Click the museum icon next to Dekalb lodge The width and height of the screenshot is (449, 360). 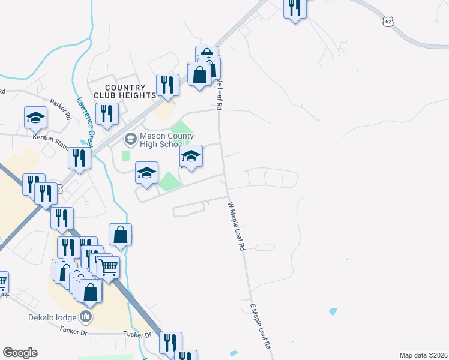click(x=86, y=316)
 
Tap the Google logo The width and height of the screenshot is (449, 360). click(x=20, y=353)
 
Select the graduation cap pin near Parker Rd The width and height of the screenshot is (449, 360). click(x=35, y=118)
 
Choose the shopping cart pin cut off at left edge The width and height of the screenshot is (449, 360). click(x=2, y=282)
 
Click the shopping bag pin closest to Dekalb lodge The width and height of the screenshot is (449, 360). click(x=90, y=292)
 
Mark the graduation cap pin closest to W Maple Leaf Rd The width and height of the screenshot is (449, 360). click(x=191, y=157)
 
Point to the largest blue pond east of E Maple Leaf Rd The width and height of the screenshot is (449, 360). click(x=333, y=311)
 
